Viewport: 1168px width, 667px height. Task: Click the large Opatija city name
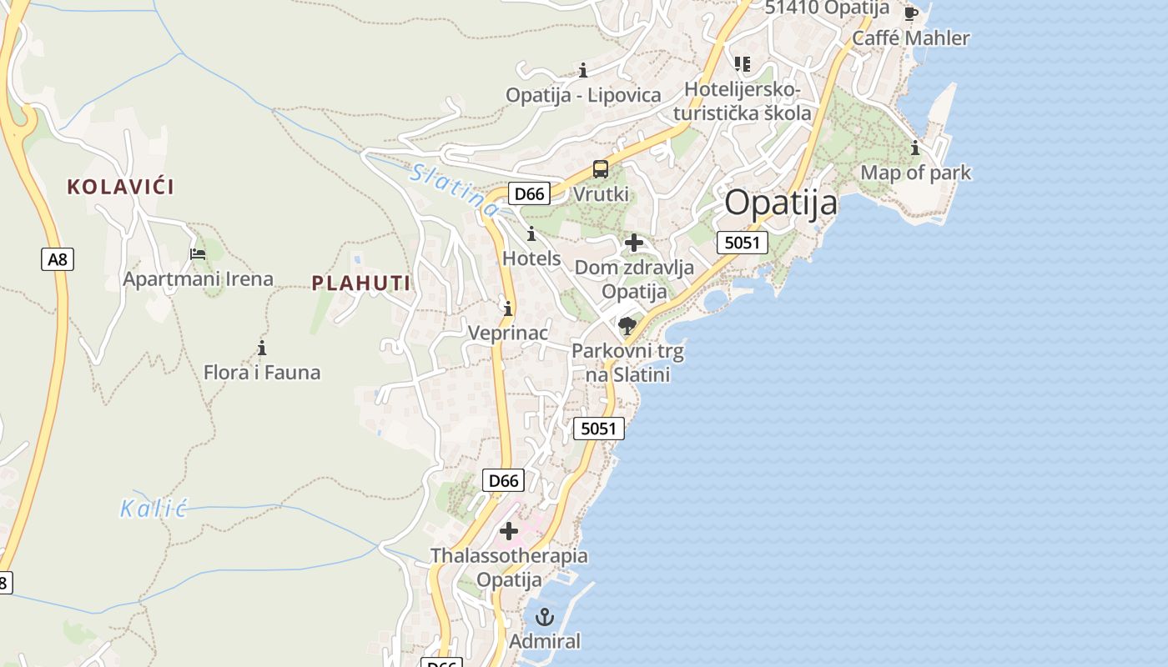(780, 203)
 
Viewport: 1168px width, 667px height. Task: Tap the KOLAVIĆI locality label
(121, 187)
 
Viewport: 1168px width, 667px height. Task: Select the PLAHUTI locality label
(361, 283)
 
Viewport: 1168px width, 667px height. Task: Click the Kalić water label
(154, 509)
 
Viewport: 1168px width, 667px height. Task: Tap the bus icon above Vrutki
(600, 169)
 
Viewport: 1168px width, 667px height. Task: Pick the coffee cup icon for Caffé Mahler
(910, 13)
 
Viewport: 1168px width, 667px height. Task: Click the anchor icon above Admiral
(544, 618)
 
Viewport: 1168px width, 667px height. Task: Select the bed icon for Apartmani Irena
(198, 254)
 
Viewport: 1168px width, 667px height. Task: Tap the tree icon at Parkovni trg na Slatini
(627, 325)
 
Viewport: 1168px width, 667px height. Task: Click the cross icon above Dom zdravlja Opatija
(634, 243)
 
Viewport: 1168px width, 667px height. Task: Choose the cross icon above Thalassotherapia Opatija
(508, 530)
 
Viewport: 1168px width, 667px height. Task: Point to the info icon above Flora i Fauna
(261, 348)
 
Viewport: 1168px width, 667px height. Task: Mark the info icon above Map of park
(915, 148)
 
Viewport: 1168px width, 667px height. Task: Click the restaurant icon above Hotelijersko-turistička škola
(742, 64)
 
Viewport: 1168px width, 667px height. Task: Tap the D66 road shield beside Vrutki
(529, 194)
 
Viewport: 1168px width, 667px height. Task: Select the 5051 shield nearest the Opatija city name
(742, 243)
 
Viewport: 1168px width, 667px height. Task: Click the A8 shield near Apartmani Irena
(57, 259)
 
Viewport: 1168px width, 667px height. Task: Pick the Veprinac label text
(507, 333)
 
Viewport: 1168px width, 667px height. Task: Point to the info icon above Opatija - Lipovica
(583, 70)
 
